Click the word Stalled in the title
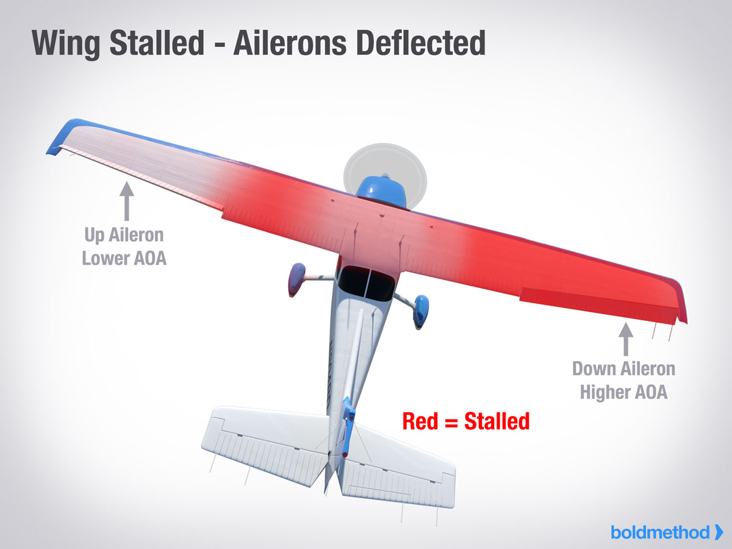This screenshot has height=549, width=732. pyautogui.click(x=157, y=43)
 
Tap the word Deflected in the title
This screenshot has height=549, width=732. pyautogui.click(x=421, y=43)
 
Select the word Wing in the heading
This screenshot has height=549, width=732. pyautogui.click(x=66, y=45)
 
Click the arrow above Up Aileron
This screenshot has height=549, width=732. pyautogui.click(x=127, y=201)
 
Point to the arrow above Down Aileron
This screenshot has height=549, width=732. pyautogui.click(x=626, y=339)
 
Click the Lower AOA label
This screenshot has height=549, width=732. pyautogui.click(x=124, y=258)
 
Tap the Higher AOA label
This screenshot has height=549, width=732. pyautogui.click(x=623, y=392)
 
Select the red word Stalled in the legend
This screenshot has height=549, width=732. pyautogui.click(x=497, y=422)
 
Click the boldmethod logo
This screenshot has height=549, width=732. pyautogui.click(x=667, y=533)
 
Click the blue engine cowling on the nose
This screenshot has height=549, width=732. pyautogui.click(x=382, y=192)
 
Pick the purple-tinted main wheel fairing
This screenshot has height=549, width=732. pyautogui.click(x=297, y=279)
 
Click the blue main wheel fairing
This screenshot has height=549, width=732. pyautogui.click(x=421, y=310)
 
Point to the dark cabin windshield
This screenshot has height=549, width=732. pyautogui.click(x=365, y=283)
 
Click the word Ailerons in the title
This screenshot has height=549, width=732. pyautogui.click(x=290, y=43)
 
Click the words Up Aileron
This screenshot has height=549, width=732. pyautogui.click(x=124, y=235)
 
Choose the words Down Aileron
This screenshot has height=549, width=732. pyautogui.click(x=623, y=368)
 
